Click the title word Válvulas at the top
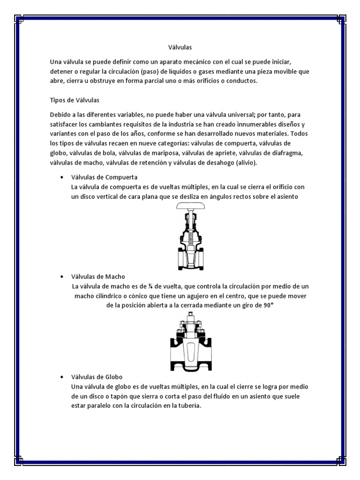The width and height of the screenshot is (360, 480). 180,47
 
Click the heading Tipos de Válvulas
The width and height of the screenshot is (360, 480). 75,100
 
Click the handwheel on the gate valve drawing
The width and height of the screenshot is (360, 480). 189,207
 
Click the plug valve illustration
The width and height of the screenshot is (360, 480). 189,340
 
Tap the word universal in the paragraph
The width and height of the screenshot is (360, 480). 247,115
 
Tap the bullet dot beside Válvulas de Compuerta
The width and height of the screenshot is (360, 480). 62,178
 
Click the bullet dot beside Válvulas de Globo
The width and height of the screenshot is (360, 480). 62,377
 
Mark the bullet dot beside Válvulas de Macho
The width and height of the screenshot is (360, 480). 62,277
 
